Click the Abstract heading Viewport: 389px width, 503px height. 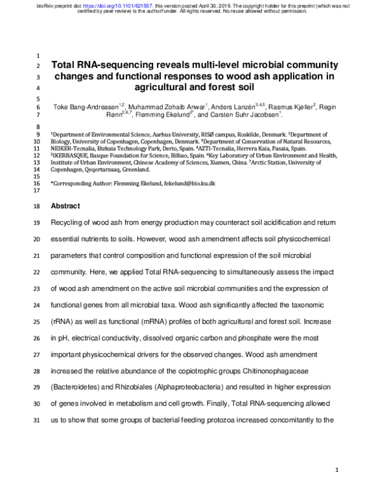[x=65, y=206]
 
